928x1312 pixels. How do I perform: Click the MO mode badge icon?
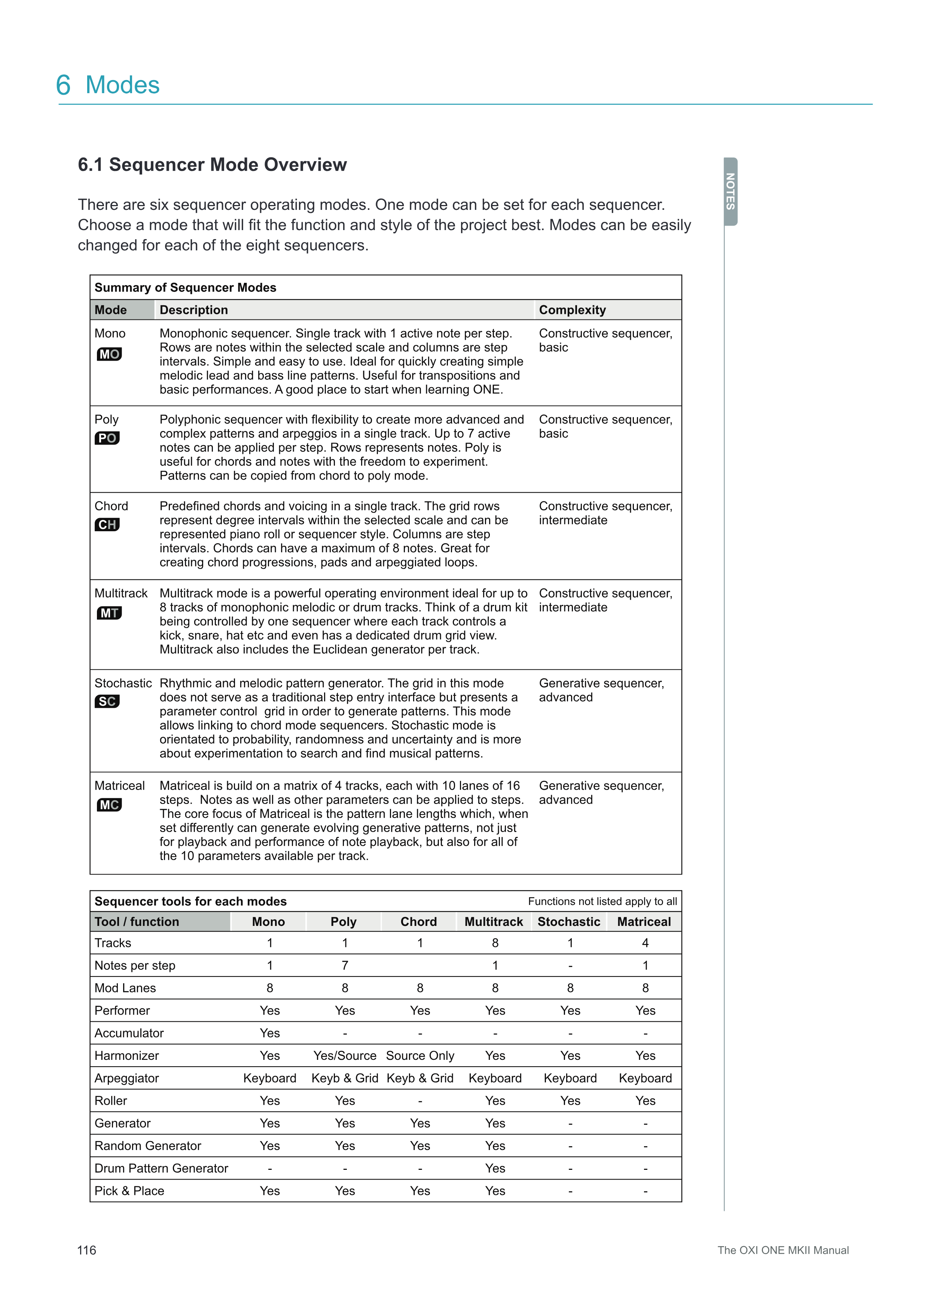click(109, 354)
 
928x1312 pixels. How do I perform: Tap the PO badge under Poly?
click(107, 438)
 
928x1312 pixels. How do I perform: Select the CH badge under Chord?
click(107, 525)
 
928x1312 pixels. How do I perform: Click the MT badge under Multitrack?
click(109, 613)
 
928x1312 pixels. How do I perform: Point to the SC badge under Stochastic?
click(107, 702)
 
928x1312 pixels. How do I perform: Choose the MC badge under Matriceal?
click(109, 805)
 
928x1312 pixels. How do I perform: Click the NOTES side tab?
click(730, 192)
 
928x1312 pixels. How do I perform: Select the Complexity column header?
click(572, 310)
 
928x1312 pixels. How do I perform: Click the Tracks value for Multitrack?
click(495, 943)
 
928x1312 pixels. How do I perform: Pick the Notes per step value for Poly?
click(345, 965)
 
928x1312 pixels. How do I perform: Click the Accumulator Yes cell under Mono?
click(270, 1033)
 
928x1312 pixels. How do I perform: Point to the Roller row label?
click(111, 1101)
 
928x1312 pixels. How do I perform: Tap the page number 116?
click(87, 1250)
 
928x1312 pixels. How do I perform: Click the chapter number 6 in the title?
click(64, 85)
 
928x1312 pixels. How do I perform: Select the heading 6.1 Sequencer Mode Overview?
click(212, 165)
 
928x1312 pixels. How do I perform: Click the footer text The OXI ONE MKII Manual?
click(783, 1250)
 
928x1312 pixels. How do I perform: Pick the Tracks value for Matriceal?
click(645, 943)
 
